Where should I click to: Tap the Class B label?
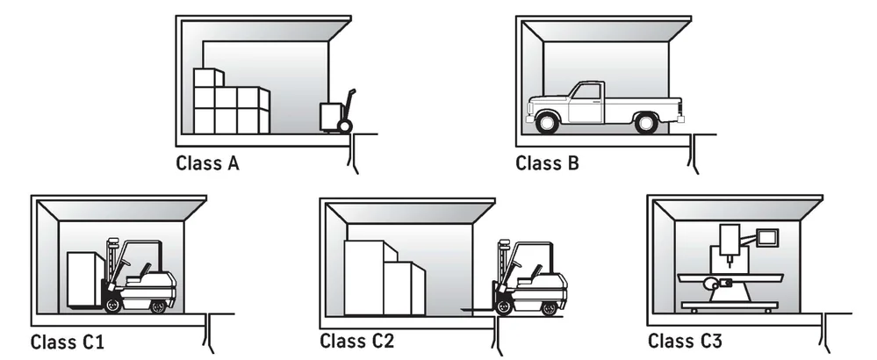(547, 162)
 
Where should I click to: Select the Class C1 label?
(68, 341)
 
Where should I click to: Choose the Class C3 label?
(687, 341)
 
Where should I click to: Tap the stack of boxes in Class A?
(229, 101)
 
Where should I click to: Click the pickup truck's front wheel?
(546, 123)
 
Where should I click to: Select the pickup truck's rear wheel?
(647, 123)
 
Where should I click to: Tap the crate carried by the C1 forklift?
(85, 279)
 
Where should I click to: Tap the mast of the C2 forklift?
(504, 268)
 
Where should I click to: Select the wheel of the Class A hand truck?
(345, 126)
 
